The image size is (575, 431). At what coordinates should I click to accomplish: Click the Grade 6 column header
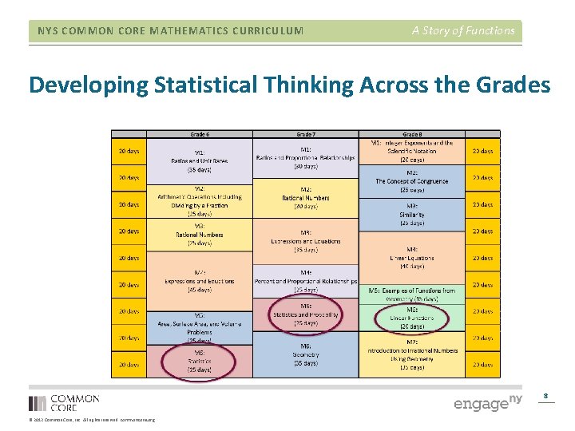(x=199, y=133)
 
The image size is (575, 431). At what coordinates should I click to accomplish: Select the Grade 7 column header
(x=306, y=133)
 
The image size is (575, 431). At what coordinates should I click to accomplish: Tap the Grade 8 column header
(x=413, y=133)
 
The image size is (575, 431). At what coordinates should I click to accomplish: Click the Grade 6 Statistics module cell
(x=199, y=360)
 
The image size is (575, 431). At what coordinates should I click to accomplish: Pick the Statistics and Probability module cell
(x=306, y=314)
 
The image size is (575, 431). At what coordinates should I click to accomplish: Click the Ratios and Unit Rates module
(x=199, y=160)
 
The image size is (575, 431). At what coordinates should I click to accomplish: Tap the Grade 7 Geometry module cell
(x=306, y=354)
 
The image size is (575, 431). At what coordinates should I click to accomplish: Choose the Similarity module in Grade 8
(x=413, y=213)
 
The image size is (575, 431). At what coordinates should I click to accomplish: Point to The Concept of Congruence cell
(x=413, y=181)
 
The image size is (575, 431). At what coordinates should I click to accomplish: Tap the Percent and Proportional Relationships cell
(x=306, y=280)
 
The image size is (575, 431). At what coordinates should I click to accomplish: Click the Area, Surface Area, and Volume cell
(x=199, y=326)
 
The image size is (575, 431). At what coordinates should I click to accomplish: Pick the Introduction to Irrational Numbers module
(x=413, y=354)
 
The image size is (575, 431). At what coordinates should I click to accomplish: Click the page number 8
(x=545, y=395)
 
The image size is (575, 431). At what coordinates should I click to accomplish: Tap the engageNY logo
(x=487, y=402)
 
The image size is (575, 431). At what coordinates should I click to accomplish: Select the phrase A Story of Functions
(x=463, y=30)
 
